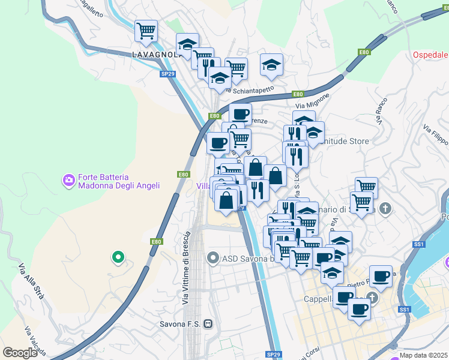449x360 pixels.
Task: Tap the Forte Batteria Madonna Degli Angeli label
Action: click(119, 182)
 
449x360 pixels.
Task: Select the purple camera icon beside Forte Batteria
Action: click(69, 179)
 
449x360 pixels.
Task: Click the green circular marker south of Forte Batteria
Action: click(118, 258)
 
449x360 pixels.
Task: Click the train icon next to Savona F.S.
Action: click(208, 323)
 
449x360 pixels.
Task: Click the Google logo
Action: click(20, 353)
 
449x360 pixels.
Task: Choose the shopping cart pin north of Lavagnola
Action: click(146, 31)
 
